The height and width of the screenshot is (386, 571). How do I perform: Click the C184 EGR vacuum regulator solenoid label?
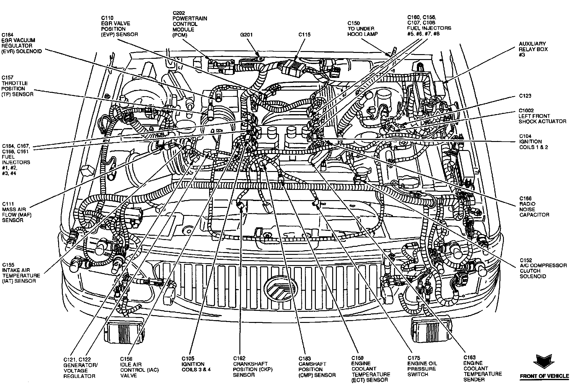[22, 43]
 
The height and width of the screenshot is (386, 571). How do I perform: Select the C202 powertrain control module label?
[190, 24]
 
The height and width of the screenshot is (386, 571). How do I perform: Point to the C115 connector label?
[304, 35]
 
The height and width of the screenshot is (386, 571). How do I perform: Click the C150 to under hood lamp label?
[362, 28]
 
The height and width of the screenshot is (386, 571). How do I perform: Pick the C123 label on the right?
[525, 96]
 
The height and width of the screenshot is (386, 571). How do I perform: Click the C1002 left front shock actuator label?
[542, 116]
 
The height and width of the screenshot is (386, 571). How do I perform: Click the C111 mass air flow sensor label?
[17, 212]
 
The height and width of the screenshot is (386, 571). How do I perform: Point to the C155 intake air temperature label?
[21, 273]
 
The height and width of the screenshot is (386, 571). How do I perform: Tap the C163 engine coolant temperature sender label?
[482, 368]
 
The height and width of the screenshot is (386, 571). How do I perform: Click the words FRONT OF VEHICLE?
[544, 376]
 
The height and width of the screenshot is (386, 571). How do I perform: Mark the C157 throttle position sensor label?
[18, 86]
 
